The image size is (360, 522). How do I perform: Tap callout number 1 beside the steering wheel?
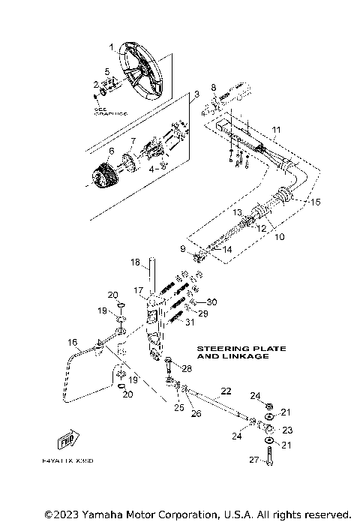click(x=111, y=47)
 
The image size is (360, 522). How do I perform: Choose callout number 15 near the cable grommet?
click(x=315, y=202)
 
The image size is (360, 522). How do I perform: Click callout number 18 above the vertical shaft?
click(x=136, y=262)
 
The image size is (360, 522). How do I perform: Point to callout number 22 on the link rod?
click(x=225, y=391)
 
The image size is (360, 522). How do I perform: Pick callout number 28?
click(x=187, y=369)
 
